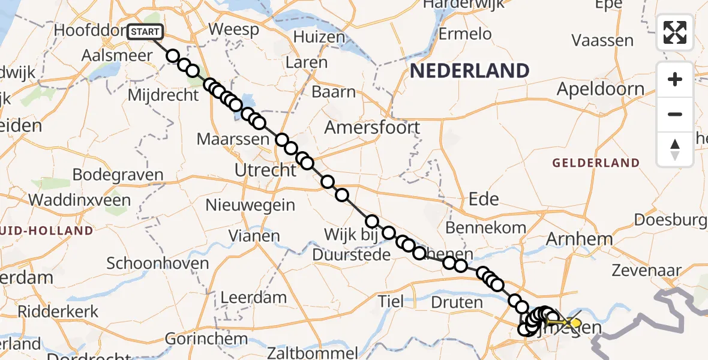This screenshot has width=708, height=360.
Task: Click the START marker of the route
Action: click(145, 31)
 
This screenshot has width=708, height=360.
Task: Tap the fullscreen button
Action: click(675, 32)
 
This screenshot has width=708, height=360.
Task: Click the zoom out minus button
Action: click(675, 114)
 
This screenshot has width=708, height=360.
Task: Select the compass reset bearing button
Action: click(675, 149)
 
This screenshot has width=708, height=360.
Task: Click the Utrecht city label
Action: click(265, 170)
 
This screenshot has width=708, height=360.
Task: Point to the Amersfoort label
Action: click(372, 127)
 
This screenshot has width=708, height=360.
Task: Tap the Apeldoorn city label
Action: click(601, 89)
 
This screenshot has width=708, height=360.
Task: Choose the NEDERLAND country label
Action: click(469, 71)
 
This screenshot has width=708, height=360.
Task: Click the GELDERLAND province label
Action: click(596, 163)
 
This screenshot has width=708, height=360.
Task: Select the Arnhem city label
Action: click(579, 239)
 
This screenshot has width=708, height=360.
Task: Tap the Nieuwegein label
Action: click(250, 205)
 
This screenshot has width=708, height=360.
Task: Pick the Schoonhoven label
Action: click(158, 263)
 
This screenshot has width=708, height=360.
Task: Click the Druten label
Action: click(457, 302)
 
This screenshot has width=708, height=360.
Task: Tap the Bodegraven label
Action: click(118, 175)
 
